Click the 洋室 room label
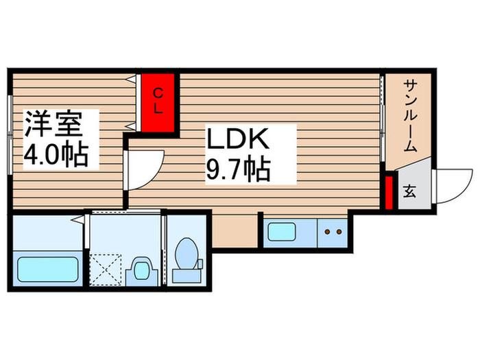pyautogui.click(x=54, y=125)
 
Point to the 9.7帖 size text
pyautogui.click(x=237, y=168)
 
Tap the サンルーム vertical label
pyautogui.click(x=410, y=115)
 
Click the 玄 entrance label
pyautogui.click(x=409, y=191)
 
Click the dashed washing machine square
pyautogui.click(x=107, y=268)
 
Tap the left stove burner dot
pyautogui.click(x=328, y=232)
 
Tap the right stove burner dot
pyautogui.click(x=338, y=232)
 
